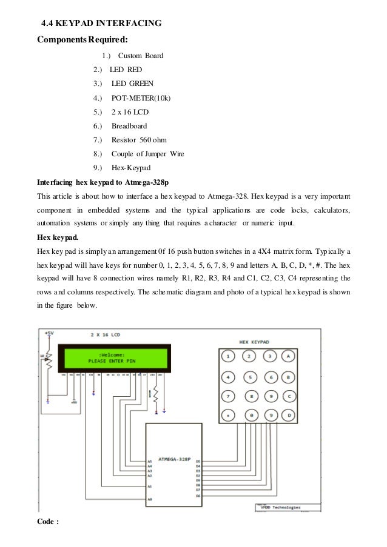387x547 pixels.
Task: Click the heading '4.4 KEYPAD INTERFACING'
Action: pos(101,24)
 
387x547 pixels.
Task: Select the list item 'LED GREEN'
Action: pos(132,83)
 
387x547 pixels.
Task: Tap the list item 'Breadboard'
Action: pos(129,126)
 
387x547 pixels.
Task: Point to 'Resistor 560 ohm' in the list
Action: pos(139,140)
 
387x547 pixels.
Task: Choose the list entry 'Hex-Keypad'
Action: pos(130,167)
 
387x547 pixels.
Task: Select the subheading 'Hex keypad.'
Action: pos(60,237)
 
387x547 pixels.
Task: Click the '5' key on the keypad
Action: pos(249,377)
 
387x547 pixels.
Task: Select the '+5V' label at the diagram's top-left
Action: pos(49,333)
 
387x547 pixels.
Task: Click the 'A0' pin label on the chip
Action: pos(149,499)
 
